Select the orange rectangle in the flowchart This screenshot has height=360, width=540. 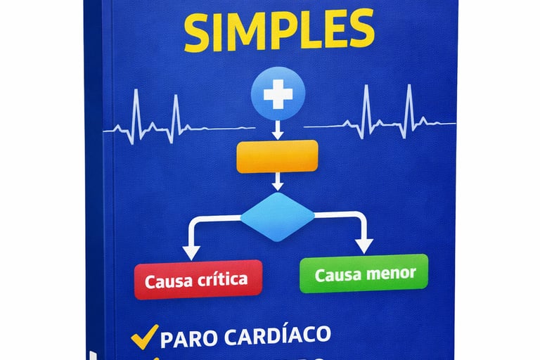tap(278, 156)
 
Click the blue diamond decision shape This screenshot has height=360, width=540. tap(278, 217)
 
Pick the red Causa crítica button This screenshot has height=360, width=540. tap(198, 279)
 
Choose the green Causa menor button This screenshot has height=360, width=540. tap(364, 274)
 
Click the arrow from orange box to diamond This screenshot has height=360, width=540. tap(278, 182)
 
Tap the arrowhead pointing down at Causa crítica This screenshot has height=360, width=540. tap(189, 250)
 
